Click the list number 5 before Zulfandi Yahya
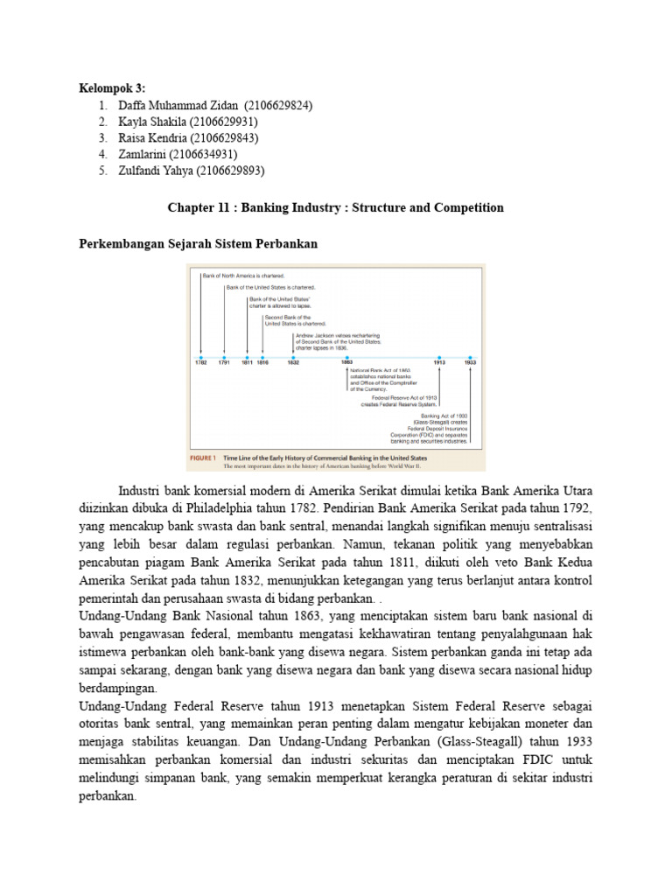[x=103, y=171]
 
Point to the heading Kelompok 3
[x=112, y=88]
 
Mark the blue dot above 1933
[x=470, y=358]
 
